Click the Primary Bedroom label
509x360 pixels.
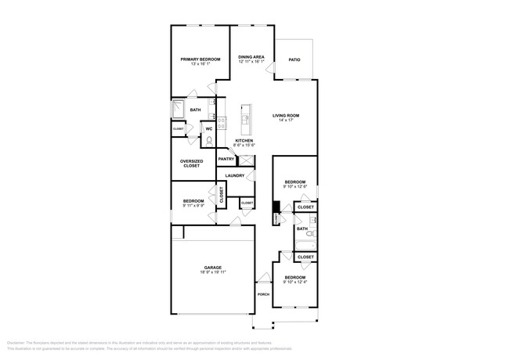tap(200, 59)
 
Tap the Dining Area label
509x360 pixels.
tap(251, 57)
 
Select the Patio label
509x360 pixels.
tap(294, 59)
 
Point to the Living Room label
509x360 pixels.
tap(286, 116)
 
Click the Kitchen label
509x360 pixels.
tap(244, 141)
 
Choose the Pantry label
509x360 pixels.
tap(226, 159)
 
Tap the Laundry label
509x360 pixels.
tap(235, 175)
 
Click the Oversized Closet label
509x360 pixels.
tap(192, 164)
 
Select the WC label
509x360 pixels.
tap(209, 128)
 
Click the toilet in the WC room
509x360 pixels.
tap(208, 139)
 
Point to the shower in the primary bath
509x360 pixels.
tap(179, 110)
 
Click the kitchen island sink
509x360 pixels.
tap(245, 120)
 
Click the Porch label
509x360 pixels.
tap(263, 294)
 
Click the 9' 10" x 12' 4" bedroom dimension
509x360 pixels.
tap(295, 283)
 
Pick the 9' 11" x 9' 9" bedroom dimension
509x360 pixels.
tap(193, 205)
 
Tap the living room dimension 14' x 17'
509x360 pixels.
tap(286, 121)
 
